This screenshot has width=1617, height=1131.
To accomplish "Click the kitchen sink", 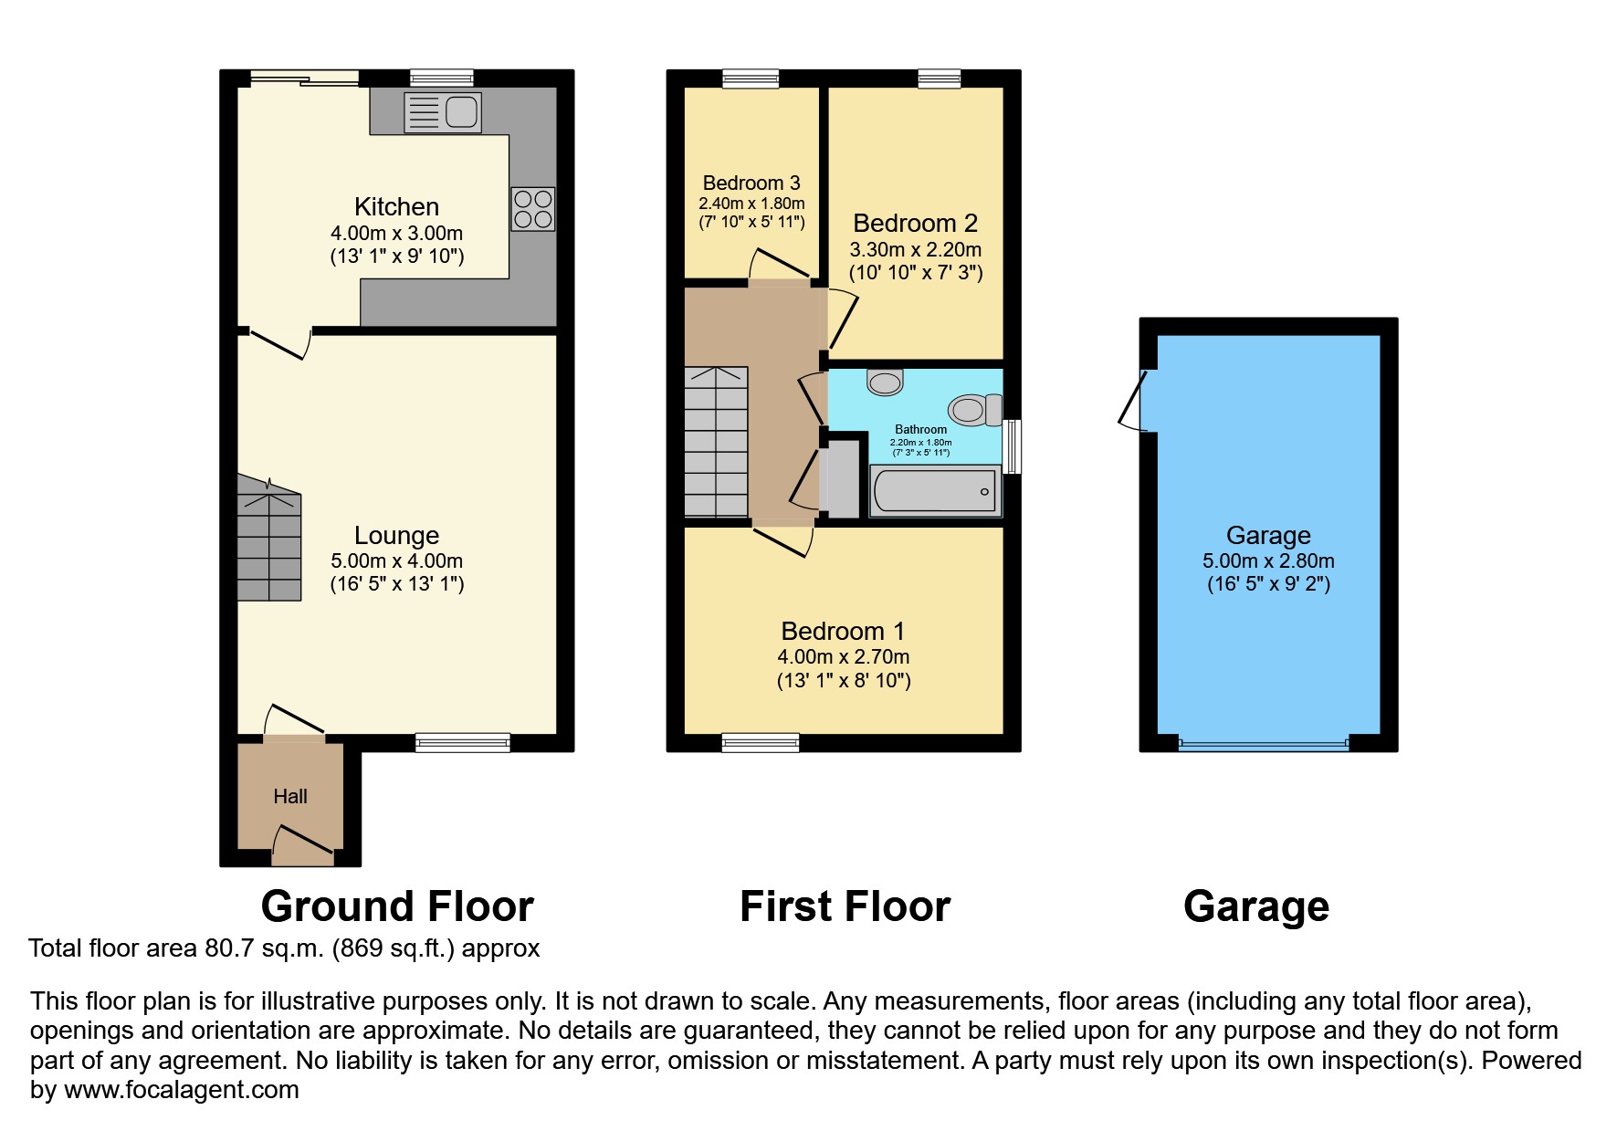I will point(443,112).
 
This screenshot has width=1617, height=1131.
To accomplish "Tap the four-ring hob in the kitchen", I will point(532,208).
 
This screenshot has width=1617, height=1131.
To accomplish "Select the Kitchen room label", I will point(396,207).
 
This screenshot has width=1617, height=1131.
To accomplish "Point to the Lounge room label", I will point(396,536).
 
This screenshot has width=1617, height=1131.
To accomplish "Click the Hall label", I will point(290,797).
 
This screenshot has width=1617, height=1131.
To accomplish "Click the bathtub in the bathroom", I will point(935,491).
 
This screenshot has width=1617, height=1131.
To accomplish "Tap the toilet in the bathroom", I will point(972,410).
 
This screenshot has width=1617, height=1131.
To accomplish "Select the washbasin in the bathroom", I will point(885,382).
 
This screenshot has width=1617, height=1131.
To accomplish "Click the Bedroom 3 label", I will point(751,183).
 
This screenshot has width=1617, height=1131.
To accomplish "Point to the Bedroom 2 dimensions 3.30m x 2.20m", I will point(916,249).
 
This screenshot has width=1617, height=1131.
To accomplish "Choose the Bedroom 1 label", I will point(843,632).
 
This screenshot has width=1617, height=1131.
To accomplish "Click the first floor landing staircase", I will point(717,443).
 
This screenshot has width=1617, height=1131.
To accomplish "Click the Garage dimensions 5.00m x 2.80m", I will point(1268,561).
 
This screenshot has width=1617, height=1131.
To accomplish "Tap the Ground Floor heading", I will point(397,906).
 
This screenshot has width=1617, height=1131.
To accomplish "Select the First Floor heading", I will point(845,906).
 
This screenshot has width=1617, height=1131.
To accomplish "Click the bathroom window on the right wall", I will point(1012,446).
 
